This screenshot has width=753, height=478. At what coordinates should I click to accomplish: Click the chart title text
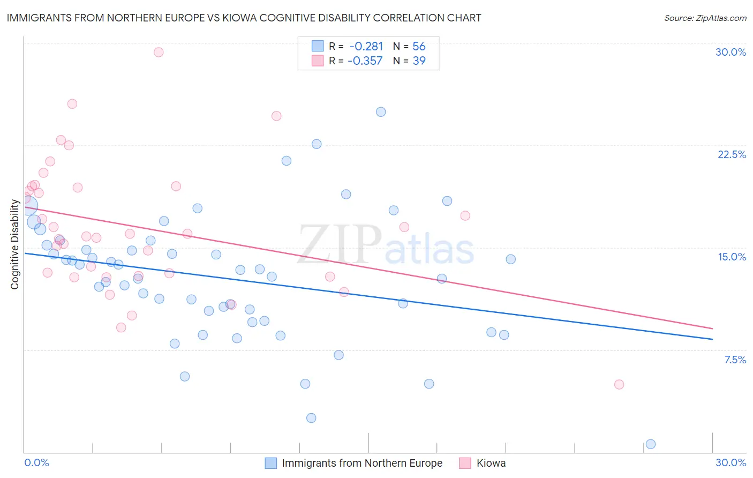click(244, 18)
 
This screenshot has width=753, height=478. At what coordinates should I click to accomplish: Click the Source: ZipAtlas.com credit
click(705, 18)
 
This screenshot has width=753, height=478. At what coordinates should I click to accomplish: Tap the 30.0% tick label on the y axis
click(731, 52)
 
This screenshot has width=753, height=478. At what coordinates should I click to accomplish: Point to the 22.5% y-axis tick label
click(732, 154)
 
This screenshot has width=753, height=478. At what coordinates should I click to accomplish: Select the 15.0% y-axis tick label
click(732, 257)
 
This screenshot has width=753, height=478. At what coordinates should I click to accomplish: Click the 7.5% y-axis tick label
click(735, 360)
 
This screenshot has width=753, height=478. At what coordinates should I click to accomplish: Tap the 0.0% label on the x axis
click(36, 462)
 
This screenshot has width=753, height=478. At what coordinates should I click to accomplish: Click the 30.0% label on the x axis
click(731, 462)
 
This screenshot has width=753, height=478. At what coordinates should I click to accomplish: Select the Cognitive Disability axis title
click(15, 244)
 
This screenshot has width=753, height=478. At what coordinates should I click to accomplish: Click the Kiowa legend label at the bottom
click(491, 463)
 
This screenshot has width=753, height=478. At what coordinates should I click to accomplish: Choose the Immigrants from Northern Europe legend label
click(362, 463)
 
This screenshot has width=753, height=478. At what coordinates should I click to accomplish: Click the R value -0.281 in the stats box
click(366, 47)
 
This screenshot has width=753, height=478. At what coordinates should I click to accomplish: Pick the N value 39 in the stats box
click(419, 61)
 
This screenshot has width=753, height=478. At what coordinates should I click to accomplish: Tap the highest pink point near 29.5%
click(159, 52)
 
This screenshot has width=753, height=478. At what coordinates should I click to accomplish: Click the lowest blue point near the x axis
click(651, 444)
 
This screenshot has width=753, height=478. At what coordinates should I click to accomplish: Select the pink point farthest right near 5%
click(619, 384)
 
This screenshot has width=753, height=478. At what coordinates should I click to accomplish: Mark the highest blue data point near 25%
click(381, 112)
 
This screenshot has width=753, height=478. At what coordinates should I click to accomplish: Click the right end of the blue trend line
click(712, 339)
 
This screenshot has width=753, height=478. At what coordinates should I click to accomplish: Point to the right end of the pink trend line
click(712, 328)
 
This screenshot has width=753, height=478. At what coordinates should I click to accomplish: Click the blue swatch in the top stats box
click(318, 47)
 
